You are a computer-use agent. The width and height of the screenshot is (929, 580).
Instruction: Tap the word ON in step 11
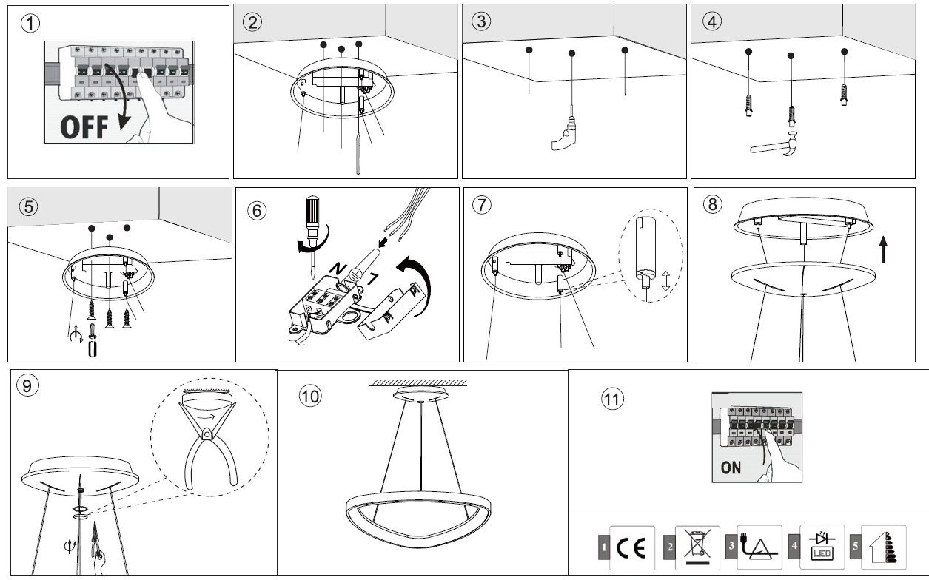point(731,468)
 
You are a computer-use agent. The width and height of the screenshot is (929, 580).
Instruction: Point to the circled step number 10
point(311,396)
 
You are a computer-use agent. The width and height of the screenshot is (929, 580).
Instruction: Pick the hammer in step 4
point(777,145)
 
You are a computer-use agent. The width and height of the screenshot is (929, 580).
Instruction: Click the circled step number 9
point(27,385)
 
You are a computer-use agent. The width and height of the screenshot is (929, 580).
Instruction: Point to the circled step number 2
point(253,21)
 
